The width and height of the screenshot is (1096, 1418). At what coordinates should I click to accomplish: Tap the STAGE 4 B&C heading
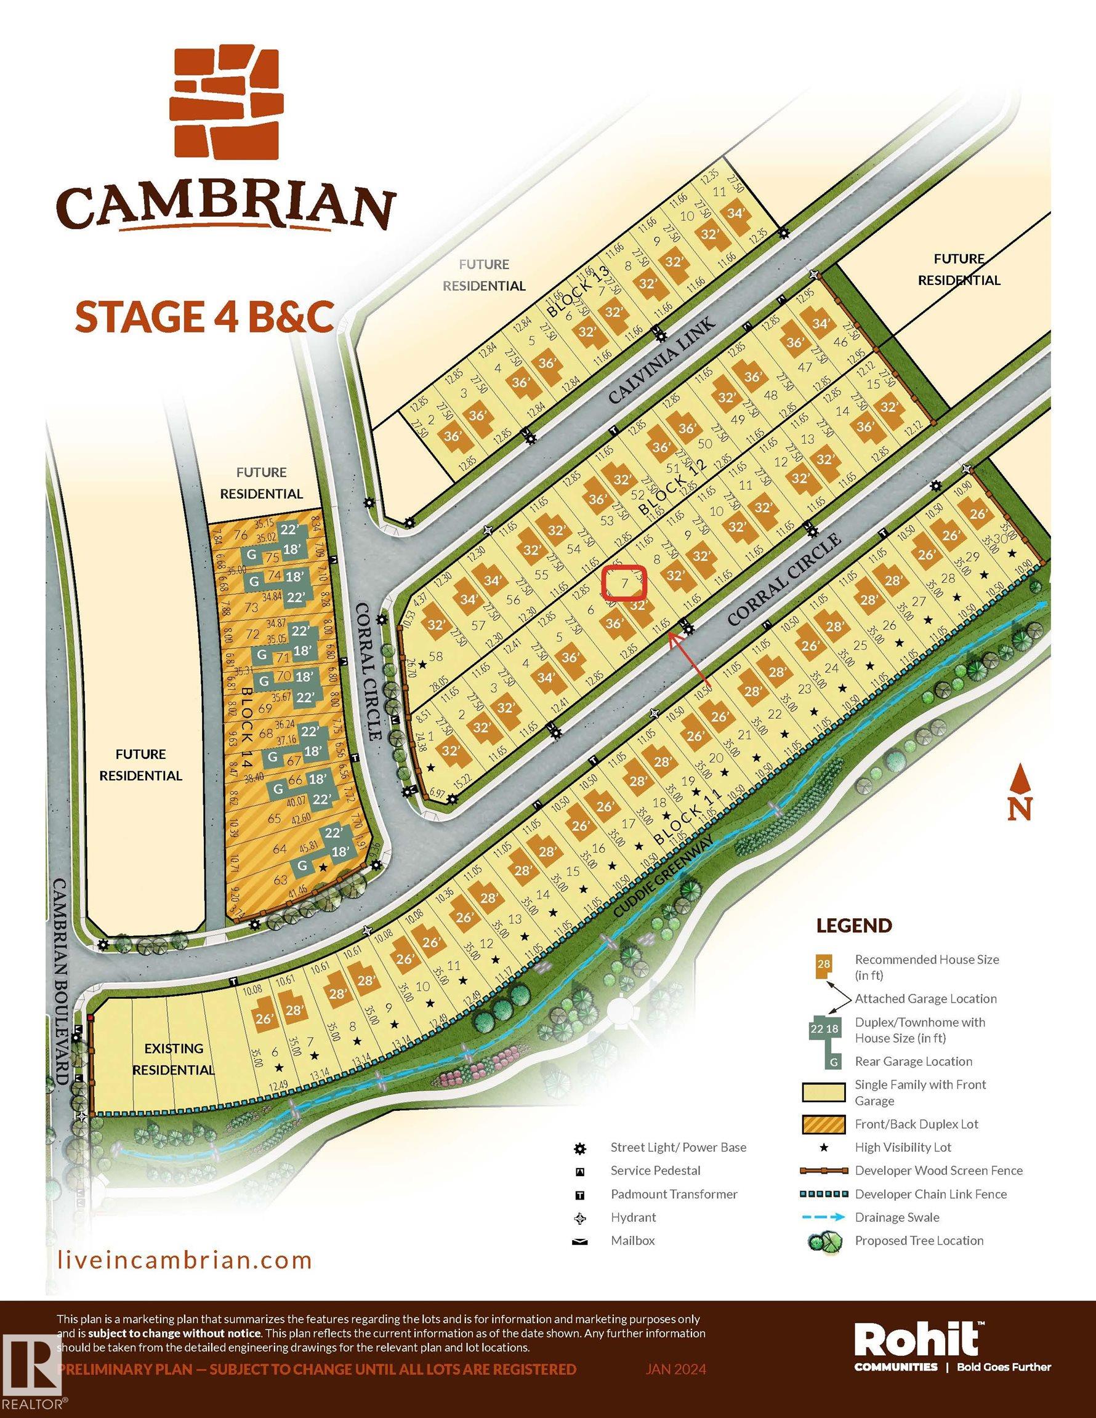pos(204,317)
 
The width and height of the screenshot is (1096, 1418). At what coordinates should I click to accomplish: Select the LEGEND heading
pos(853,926)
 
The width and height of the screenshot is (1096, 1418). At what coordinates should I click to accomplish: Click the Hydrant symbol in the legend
pos(580,1217)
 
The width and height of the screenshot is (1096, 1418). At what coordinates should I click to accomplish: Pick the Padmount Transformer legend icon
pos(580,1194)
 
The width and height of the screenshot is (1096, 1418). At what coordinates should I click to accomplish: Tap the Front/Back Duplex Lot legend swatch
pos(824,1124)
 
